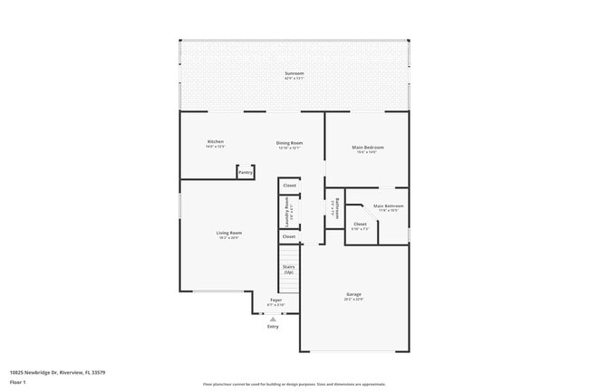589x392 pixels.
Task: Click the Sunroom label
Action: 294,73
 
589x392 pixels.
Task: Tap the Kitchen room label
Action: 215,142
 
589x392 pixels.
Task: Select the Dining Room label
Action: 289,143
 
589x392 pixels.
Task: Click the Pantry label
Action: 246,172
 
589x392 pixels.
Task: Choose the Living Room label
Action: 228,234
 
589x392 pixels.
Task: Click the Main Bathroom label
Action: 388,206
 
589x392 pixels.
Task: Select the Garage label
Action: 353,294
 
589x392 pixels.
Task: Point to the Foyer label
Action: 275,300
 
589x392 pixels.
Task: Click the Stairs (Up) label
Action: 288,269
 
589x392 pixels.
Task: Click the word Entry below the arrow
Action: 273,327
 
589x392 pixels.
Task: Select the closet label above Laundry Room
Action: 289,186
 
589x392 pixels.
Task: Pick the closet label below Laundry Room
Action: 289,236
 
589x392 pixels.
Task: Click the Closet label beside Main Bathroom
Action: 360,224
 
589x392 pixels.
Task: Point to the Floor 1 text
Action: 19,384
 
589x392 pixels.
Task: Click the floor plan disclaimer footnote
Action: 294,384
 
